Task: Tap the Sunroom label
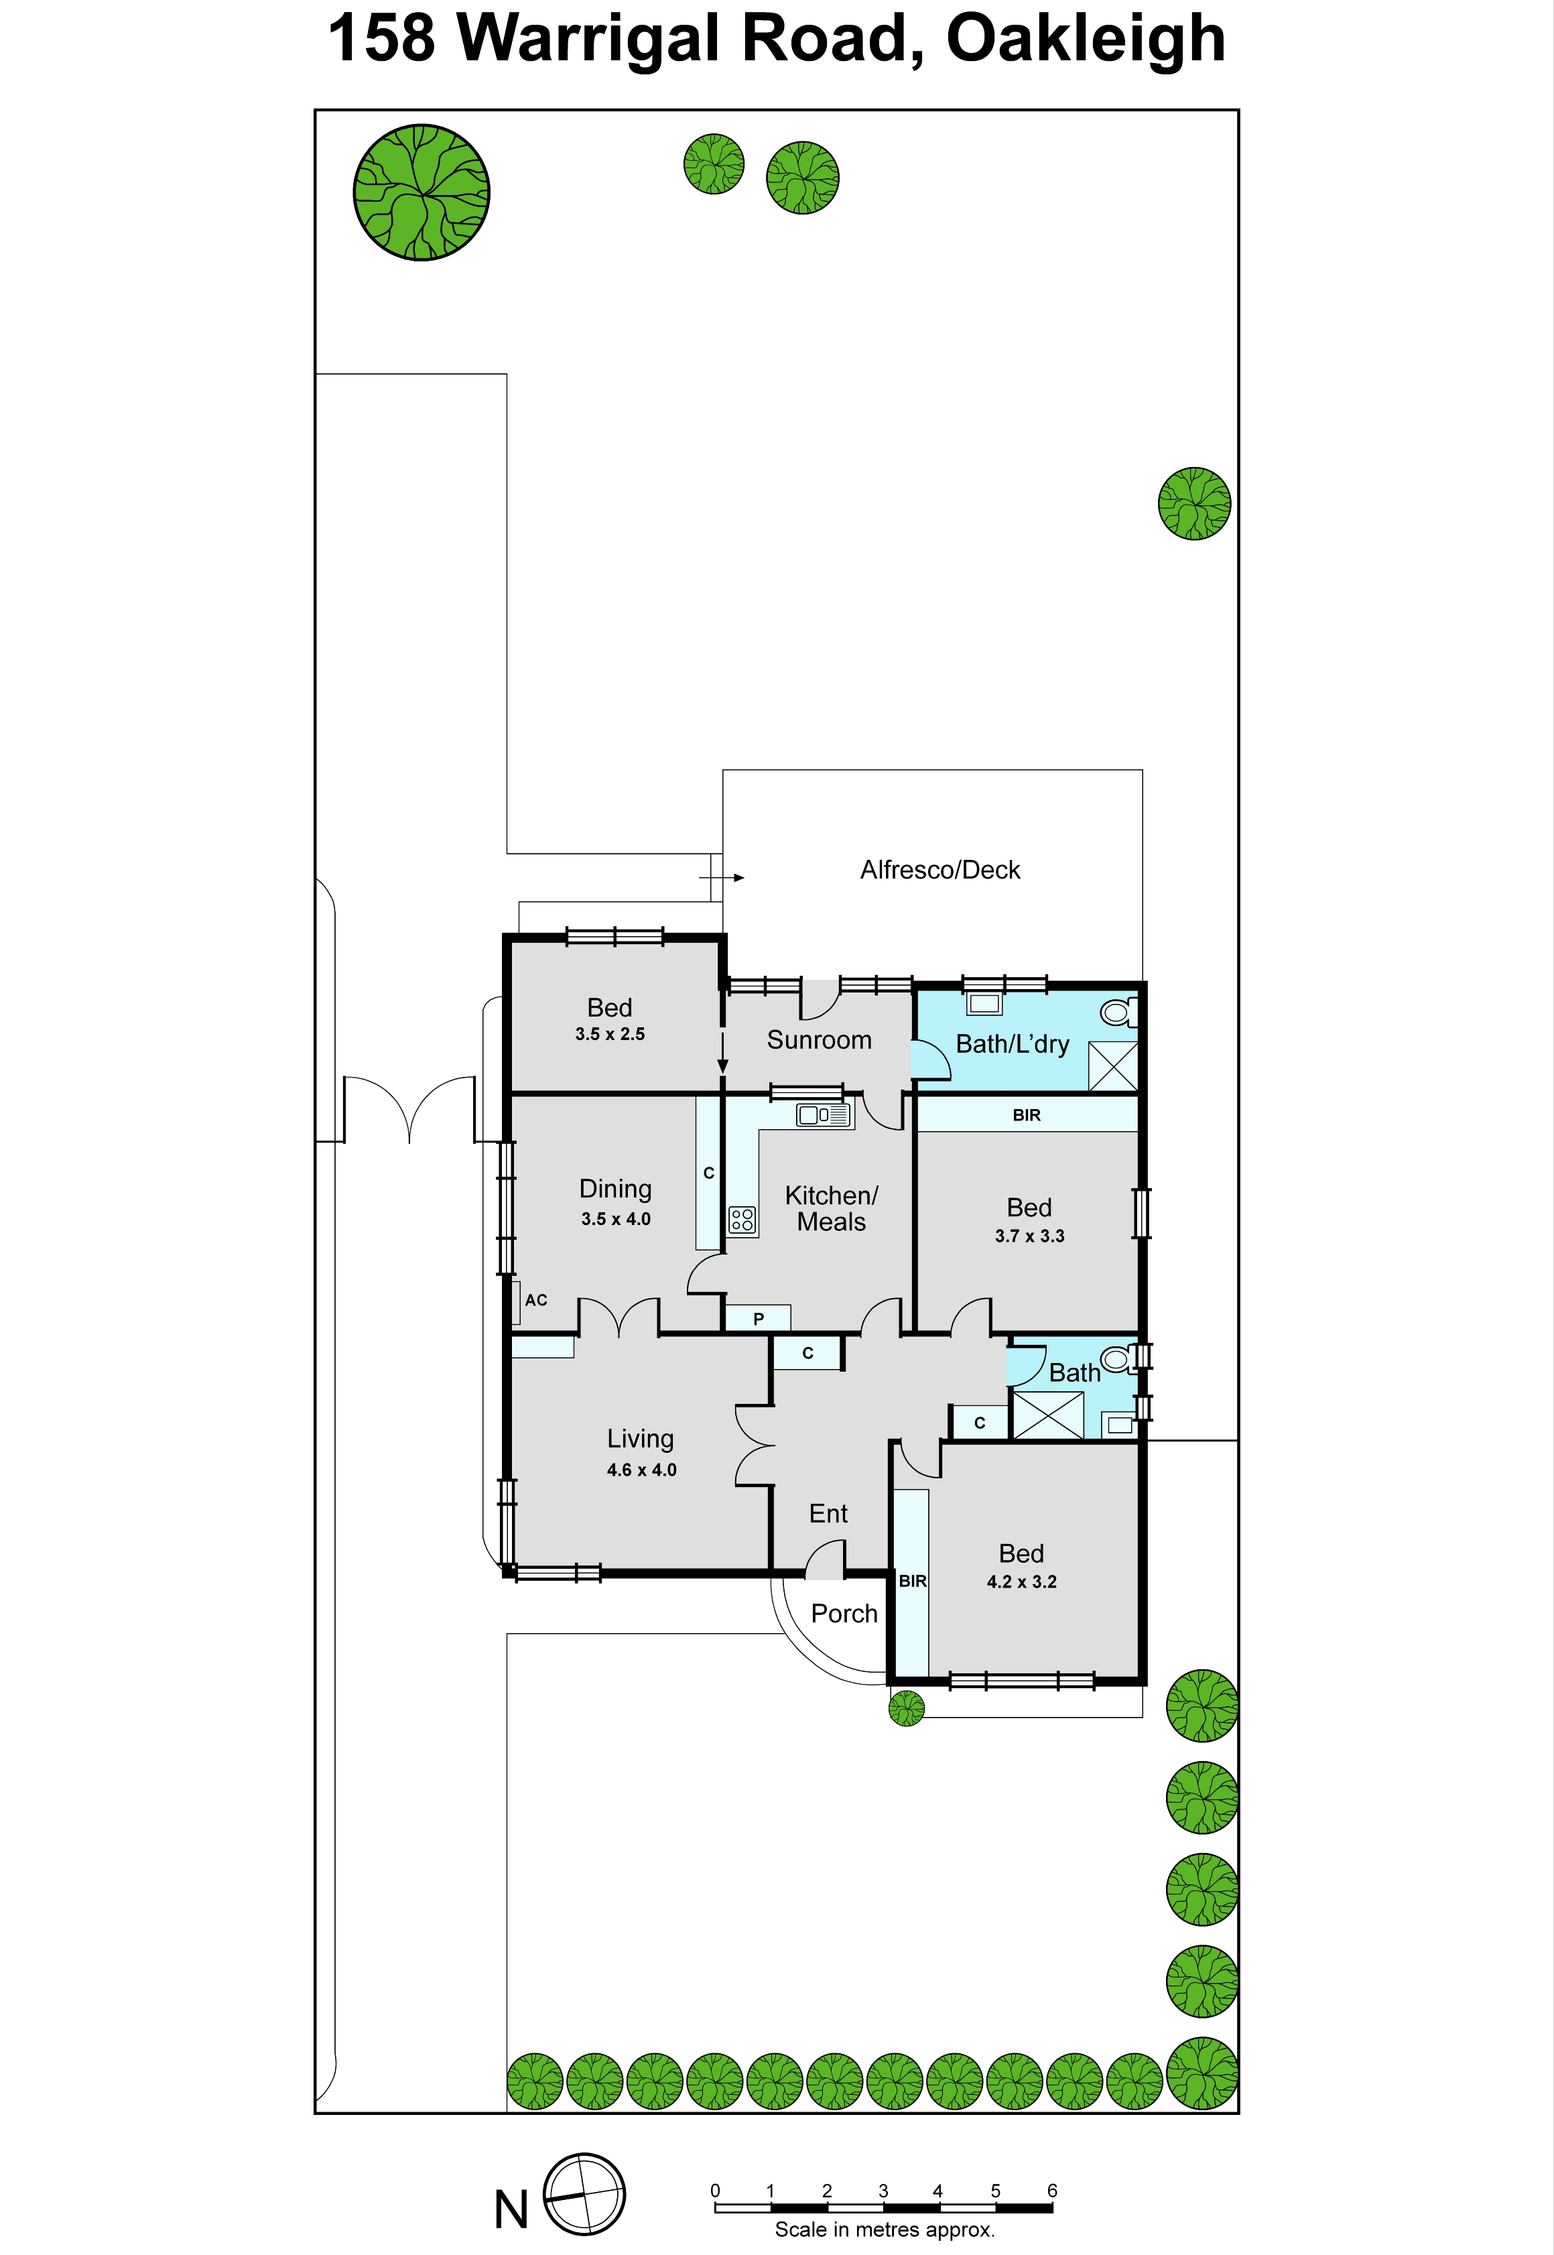pos(819,1040)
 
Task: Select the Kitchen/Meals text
pos(832,1208)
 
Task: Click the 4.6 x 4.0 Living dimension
pos(642,1469)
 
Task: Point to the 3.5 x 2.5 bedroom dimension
pos(610,1034)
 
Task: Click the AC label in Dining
pos(535,1300)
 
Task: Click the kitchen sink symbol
pos(823,1115)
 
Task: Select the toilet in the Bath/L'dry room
pos(1119,1013)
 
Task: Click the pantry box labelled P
pos(757,1318)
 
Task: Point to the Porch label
pos(844,1614)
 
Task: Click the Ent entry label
pos(829,1513)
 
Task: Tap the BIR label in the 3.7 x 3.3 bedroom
pos(1026,1115)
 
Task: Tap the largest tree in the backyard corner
pos(422,192)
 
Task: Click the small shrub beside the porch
pos(907,1708)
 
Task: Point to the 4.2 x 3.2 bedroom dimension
pos(1021,1582)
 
